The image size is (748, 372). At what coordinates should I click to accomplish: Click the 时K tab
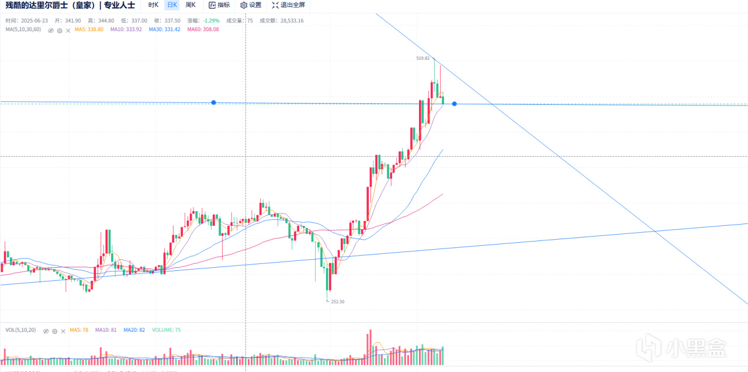153,5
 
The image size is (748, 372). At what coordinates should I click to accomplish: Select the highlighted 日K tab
172,5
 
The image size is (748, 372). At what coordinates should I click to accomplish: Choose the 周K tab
191,5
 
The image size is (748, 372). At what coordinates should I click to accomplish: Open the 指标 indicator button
219,5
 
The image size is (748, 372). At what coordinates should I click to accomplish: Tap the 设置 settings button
251,5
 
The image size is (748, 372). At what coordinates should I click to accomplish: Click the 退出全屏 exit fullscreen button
288,5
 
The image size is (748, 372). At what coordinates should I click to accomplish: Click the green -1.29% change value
211,20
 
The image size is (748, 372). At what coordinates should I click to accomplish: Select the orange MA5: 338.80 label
89,29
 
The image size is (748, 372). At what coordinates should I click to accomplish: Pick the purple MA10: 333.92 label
126,29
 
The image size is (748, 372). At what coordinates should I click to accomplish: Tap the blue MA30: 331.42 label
164,29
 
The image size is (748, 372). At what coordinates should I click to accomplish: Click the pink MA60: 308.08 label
203,29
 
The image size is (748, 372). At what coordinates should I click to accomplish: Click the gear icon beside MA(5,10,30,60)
60,30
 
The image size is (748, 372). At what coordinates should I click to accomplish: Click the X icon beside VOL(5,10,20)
63,330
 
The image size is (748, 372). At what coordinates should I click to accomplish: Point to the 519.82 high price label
423,58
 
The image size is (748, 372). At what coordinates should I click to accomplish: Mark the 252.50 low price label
337,302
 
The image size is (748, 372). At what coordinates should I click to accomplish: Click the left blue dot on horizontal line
214,102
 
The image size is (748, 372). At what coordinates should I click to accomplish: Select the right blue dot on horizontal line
454,104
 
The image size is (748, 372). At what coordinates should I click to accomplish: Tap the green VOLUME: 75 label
166,330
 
